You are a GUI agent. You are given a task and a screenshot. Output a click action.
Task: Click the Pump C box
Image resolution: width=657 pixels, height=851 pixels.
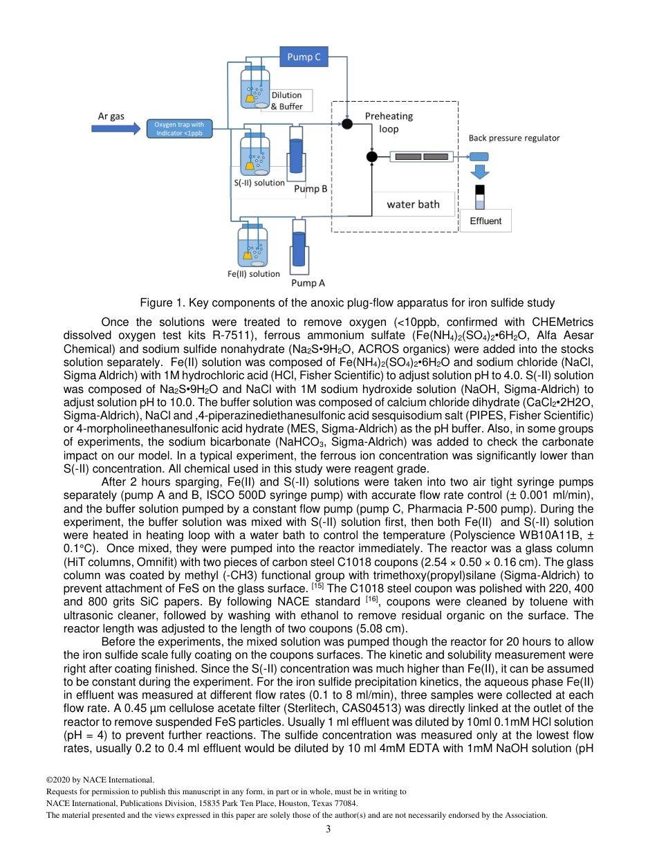click(304, 57)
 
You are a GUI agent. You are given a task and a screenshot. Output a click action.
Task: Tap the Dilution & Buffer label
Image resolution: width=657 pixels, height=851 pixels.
click(286, 101)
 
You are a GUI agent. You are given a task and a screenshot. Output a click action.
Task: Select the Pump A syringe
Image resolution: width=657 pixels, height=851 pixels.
click(299, 248)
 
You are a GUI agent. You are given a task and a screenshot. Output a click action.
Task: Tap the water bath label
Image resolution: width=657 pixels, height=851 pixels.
click(413, 204)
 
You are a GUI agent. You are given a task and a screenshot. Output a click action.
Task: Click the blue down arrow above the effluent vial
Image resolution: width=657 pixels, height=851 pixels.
click(479, 172)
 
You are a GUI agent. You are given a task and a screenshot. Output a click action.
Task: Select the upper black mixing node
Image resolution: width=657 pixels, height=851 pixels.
click(347, 124)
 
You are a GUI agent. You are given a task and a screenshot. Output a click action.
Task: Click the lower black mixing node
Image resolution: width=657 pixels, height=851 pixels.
click(372, 156)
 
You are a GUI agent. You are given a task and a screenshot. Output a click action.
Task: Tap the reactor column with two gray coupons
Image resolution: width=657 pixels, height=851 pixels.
click(422, 156)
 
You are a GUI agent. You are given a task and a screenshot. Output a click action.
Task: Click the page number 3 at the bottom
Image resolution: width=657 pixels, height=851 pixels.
click(328, 829)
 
